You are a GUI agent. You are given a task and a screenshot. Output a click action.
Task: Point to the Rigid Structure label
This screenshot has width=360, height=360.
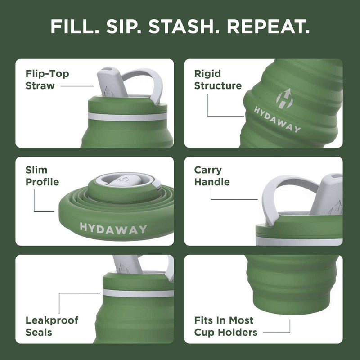pyautogui.click(x=218, y=80)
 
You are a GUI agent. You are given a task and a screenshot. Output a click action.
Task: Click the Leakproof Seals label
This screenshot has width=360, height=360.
pyautogui.click(x=52, y=326)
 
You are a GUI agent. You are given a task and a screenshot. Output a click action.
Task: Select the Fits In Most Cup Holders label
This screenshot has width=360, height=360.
pyautogui.click(x=225, y=326)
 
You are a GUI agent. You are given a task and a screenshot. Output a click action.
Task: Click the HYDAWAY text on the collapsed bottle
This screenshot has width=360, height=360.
pyautogui.click(x=113, y=228)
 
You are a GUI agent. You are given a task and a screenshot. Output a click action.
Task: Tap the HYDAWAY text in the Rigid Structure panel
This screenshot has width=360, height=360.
pyautogui.click(x=277, y=119)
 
